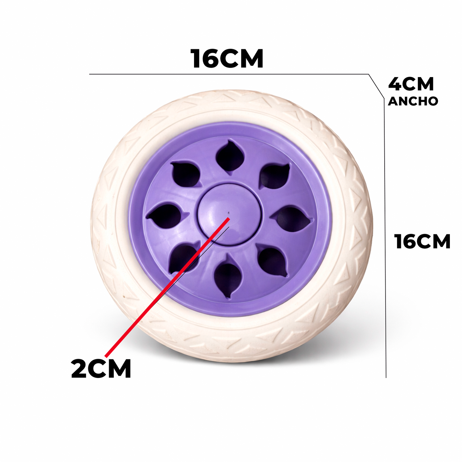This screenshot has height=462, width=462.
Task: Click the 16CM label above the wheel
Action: (227, 59)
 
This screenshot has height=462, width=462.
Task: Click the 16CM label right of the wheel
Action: (422, 242)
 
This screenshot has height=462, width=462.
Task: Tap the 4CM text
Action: (411, 84)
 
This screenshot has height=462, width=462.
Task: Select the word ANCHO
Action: (413, 101)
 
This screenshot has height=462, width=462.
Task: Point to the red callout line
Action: (167, 287)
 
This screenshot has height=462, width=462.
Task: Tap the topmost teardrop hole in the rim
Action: (230, 157)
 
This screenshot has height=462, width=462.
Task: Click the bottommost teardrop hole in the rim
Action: (228, 276)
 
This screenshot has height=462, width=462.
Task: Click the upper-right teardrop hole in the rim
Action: (274, 176)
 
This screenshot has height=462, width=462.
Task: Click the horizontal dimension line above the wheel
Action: (229, 74)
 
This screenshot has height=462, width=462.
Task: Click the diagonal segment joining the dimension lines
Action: (376, 86)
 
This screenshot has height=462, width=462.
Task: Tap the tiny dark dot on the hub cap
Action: (229, 212)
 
